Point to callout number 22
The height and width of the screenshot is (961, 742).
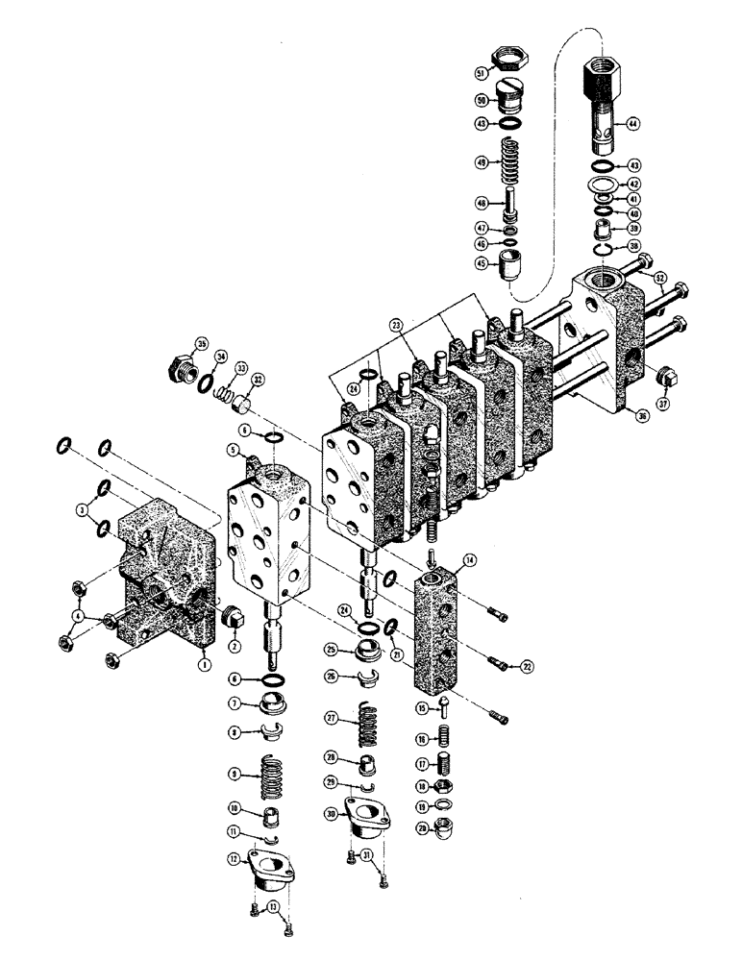click(527, 665)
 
